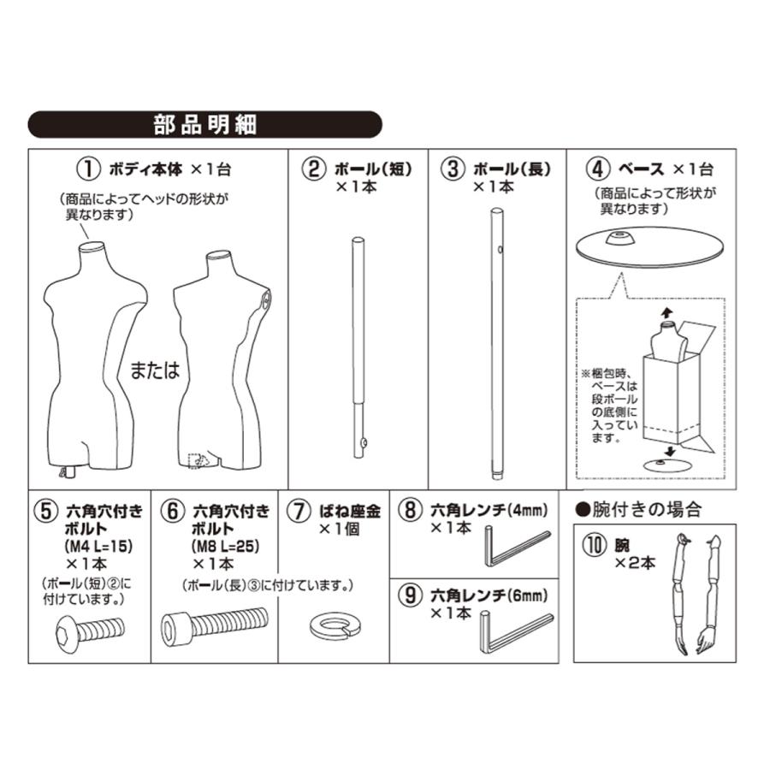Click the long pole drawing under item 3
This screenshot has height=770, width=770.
(x=496, y=342)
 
